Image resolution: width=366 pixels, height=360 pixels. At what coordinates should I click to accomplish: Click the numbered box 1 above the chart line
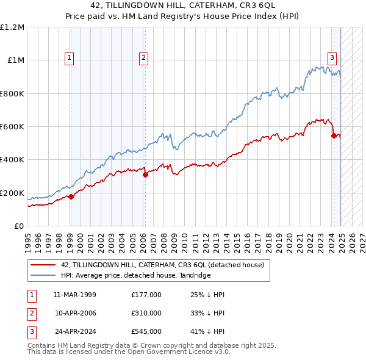point(70,58)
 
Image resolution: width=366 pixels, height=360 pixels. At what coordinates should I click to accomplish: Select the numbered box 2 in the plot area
point(143,58)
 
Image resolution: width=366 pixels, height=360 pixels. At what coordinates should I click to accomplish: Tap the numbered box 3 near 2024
point(332,58)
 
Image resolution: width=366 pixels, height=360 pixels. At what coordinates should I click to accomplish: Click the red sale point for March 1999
point(71,196)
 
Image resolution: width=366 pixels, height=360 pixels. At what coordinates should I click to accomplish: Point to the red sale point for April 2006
point(145,175)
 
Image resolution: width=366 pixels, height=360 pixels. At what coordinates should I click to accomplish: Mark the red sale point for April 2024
point(334,135)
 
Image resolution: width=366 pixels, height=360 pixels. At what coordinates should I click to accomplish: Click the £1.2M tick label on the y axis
point(13,27)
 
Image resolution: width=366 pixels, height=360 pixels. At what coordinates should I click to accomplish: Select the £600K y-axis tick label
point(12,127)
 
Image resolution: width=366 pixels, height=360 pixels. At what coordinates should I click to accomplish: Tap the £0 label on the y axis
point(19,226)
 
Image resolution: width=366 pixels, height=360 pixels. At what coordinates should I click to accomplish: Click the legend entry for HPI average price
point(135,276)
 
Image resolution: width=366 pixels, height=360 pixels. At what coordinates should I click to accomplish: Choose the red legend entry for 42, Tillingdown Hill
point(162,265)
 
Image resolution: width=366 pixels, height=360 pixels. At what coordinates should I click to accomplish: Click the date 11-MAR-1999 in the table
point(74,295)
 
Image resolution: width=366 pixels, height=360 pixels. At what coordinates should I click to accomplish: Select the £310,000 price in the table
point(146,313)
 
